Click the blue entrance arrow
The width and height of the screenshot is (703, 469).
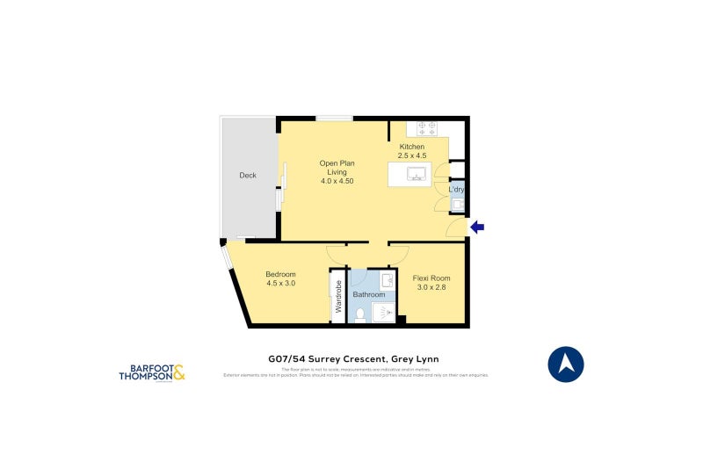coord(477,227)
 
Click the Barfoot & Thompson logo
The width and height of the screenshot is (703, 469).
coord(152,372)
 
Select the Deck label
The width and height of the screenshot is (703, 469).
coord(248,176)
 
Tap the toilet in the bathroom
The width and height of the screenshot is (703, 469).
coord(361,312)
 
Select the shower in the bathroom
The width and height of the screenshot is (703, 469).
coord(386,311)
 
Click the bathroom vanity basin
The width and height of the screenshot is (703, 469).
coord(387,280)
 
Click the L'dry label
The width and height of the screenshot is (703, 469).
coord(456,190)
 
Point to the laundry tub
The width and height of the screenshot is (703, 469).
coord(457,206)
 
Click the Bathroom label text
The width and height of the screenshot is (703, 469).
coord(369,295)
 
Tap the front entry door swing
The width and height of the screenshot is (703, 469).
coord(453,230)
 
